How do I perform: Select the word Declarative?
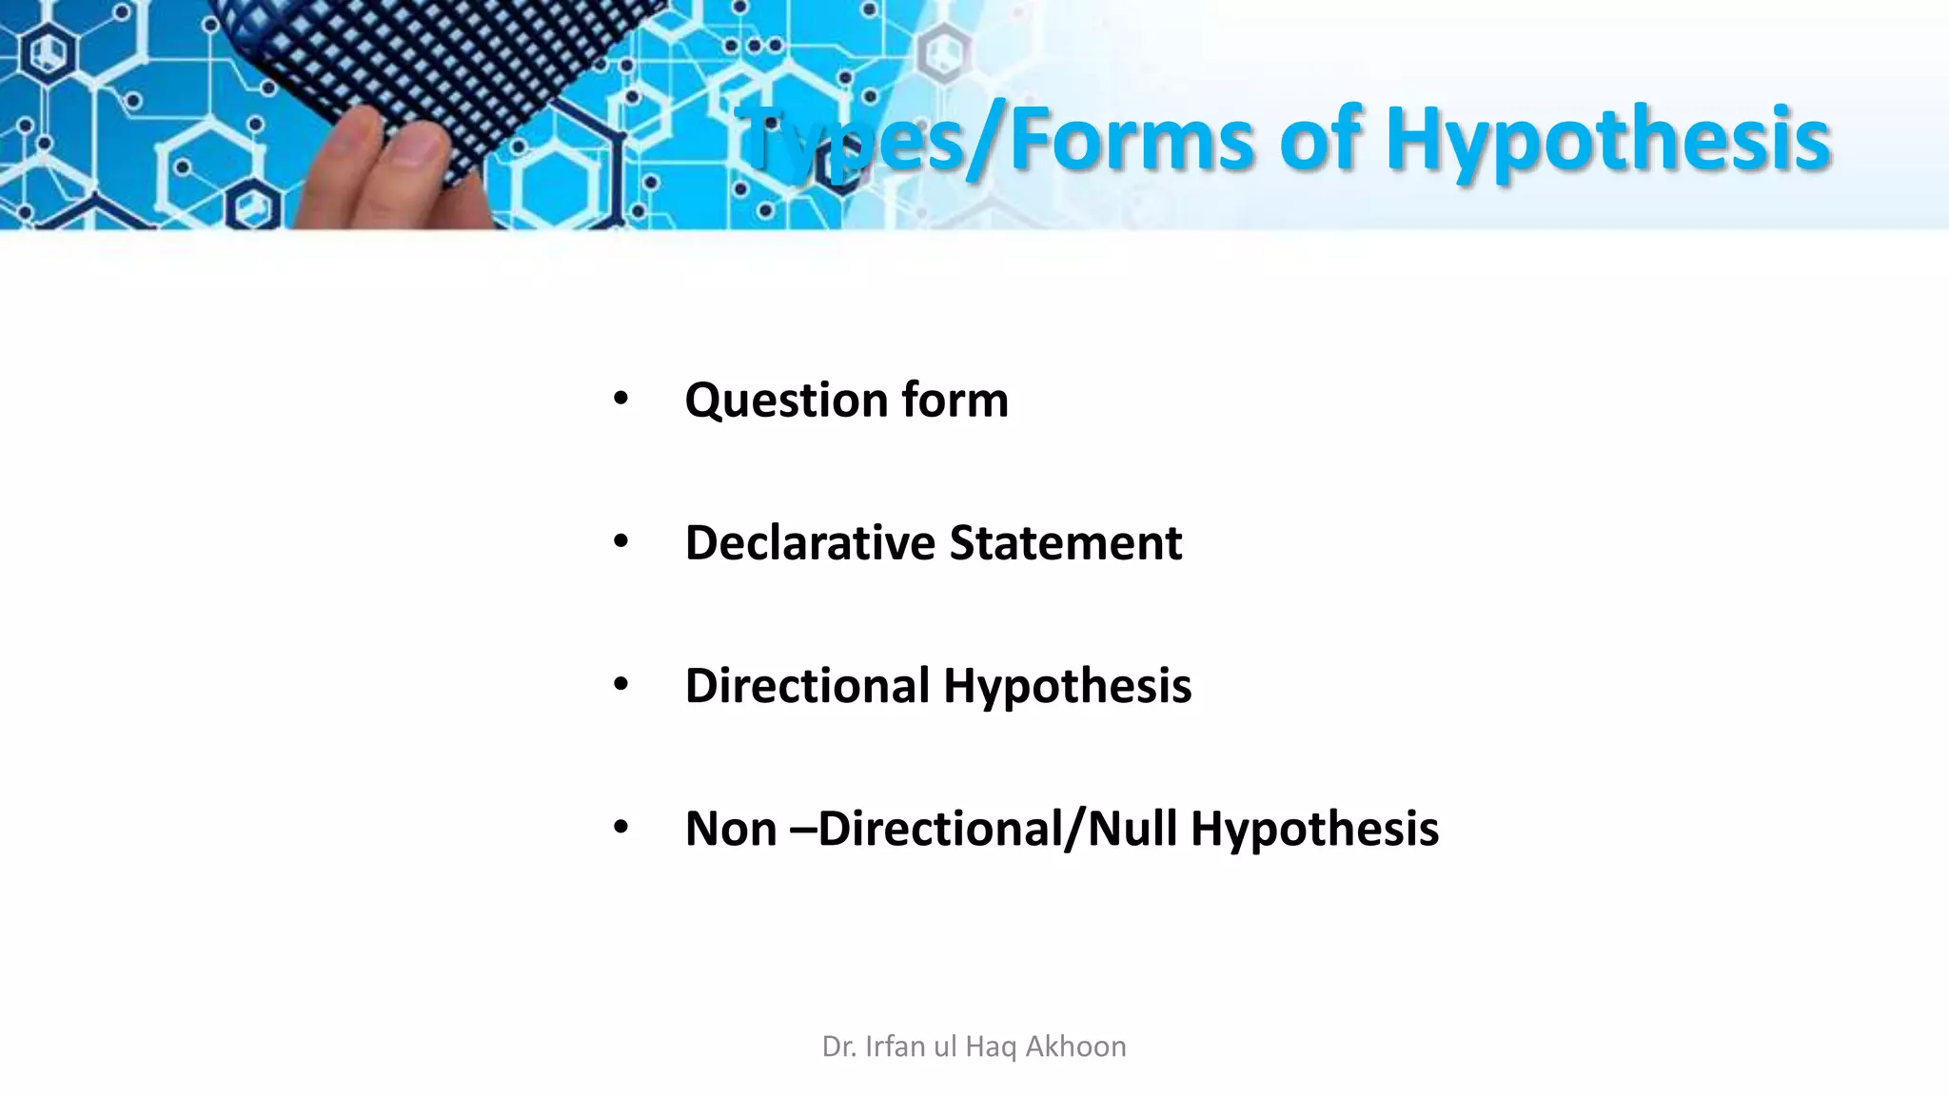[x=810, y=544]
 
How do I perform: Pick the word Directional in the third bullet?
[x=807, y=686]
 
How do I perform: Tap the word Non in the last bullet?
[x=731, y=829]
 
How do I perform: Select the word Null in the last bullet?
[x=1132, y=829]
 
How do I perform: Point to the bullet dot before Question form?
[x=620, y=400]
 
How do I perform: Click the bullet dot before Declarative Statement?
[x=620, y=542]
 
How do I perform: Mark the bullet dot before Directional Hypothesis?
[x=620, y=685]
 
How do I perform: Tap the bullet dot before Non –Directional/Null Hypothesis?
[x=620, y=828]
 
